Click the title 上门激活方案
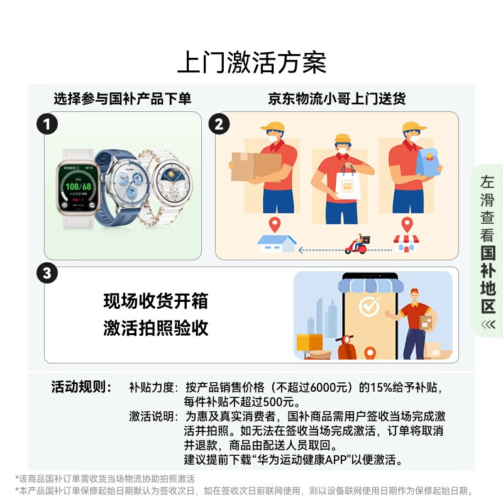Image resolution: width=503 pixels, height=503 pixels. click(251, 64)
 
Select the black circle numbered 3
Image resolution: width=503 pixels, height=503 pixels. click(47, 274)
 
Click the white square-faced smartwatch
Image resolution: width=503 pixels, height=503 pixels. click(78, 188)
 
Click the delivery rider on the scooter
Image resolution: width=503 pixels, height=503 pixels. click(357, 243)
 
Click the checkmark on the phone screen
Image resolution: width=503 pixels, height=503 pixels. click(368, 306)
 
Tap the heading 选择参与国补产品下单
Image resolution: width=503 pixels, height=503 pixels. click(122, 99)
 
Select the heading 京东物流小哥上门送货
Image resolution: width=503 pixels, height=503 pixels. click(337, 99)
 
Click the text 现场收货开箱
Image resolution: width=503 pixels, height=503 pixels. click(155, 301)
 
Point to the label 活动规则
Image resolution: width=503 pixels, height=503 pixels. click(82, 387)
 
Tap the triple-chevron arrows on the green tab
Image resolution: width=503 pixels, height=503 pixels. click(488, 324)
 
